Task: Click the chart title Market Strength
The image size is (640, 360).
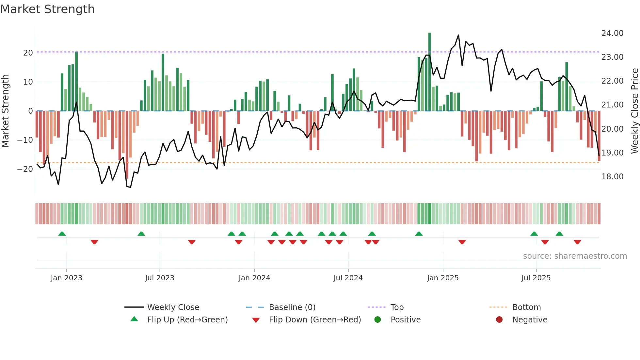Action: pyautogui.click(x=47, y=9)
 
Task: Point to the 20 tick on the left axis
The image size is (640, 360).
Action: pyautogui.click(x=28, y=53)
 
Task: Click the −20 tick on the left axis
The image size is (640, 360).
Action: pyautogui.click(x=25, y=169)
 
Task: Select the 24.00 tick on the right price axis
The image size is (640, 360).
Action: pyautogui.click(x=612, y=33)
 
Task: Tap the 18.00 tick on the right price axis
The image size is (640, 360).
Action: pyautogui.click(x=612, y=177)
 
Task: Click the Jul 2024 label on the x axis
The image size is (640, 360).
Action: pyautogui.click(x=348, y=278)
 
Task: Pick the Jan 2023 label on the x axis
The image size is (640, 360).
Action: pyautogui.click(x=66, y=278)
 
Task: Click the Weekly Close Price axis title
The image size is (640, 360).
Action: pyautogui.click(x=634, y=111)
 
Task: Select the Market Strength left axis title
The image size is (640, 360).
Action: pyautogui.click(x=5, y=111)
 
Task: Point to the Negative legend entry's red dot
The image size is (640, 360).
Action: pyautogui.click(x=499, y=320)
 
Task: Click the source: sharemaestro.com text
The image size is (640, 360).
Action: pyautogui.click(x=575, y=256)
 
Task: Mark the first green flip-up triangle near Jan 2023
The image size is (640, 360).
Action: pyautogui.click(x=62, y=234)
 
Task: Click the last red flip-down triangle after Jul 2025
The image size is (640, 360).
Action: pyautogui.click(x=577, y=242)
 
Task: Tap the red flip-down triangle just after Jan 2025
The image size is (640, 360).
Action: pyautogui.click(x=462, y=242)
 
